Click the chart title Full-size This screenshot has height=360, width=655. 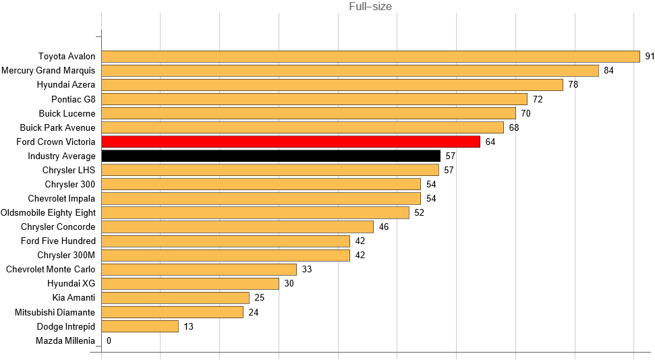(x=370, y=7)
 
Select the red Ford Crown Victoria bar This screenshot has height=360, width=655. (x=290, y=142)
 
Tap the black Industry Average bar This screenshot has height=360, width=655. (x=270, y=156)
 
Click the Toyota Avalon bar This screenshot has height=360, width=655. (x=370, y=57)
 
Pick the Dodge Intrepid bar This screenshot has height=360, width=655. (x=140, y=326)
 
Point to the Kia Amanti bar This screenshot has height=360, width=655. (x=175, y=298)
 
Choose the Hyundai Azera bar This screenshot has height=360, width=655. (x=332, y=85)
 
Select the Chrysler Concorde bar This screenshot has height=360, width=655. (x=237, y=227)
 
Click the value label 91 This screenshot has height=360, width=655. (x=650, y=57)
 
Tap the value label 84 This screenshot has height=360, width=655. (x=609, y=71)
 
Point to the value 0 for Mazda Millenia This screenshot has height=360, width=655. (x=109, y=340)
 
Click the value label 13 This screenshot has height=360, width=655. (x=189, y=326)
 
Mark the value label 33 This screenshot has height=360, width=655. (x=307, y=270)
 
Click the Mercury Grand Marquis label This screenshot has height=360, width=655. (x=49, y=71)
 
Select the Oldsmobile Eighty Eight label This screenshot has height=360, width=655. (x=49, y=212)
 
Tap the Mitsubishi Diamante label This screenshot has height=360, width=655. (x=55, y=312)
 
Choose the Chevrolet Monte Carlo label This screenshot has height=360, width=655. (x=51, y=270)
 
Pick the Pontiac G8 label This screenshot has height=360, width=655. (x=74, y=99)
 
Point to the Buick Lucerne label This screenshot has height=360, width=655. (x=67, y=113)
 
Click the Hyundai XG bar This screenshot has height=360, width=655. (x=190, y=284)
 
